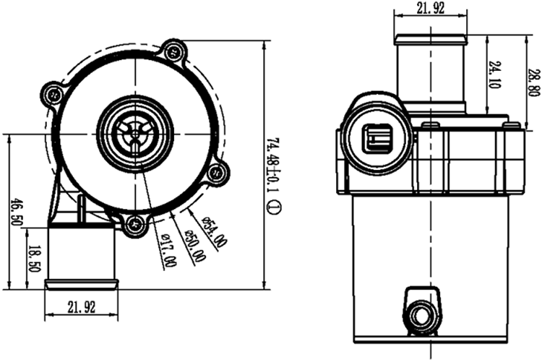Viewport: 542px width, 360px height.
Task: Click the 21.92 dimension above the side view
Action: click(429, 9)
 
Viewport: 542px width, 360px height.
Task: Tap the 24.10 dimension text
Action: click(494, 74)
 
